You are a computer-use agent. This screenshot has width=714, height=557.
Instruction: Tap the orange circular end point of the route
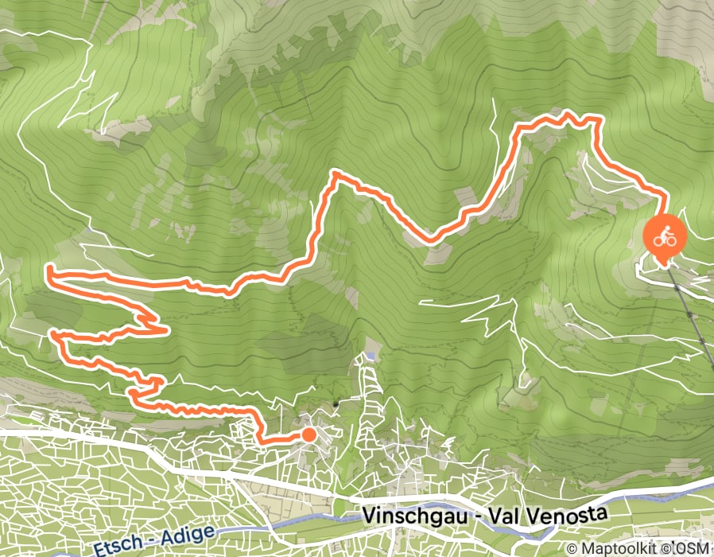pyautogui.click(x=308, y=434)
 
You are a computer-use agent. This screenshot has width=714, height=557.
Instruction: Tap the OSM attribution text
pyautogui.click(x=693, y=548)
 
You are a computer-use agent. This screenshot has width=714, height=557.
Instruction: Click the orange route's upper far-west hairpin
pyautogui.click(x=49, y=272)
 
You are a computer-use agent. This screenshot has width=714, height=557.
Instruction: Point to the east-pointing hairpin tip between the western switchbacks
pyautogui.click(x=165, y=329)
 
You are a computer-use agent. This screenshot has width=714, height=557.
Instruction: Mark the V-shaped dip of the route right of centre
pyautogui.click(x=430, y=238)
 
